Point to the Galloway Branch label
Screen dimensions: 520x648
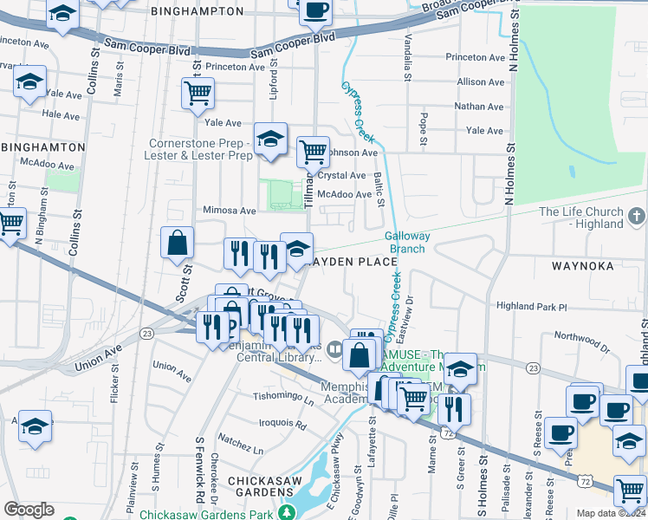click(x=405, y=242)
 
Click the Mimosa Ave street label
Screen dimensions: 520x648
click(x=229, y=211)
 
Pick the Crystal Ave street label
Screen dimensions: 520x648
click(x=341, y=175)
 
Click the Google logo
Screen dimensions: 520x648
click(x=29, y=510)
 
